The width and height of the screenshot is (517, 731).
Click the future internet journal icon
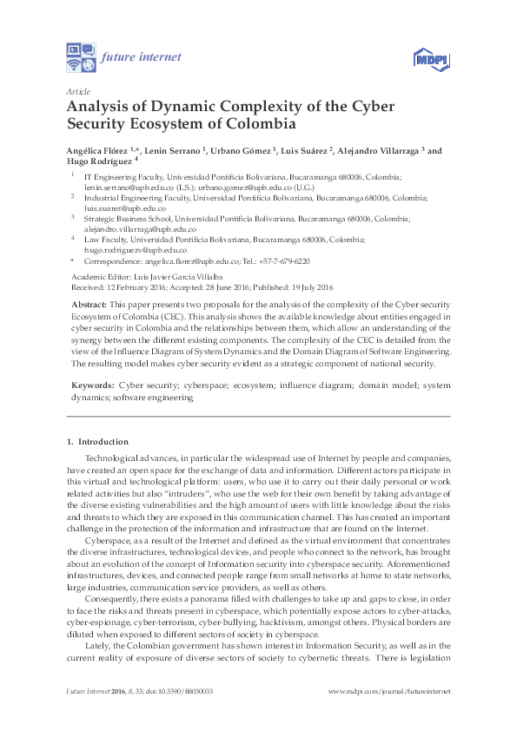pos(81,57)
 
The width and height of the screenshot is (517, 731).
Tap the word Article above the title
pos(77,91)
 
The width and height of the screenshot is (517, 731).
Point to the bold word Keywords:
pos(90,384)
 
